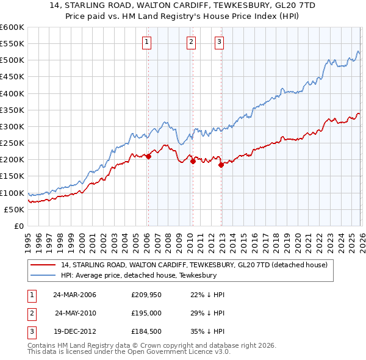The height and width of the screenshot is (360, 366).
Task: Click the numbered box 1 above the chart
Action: pyautogui.click(x=148, y=42)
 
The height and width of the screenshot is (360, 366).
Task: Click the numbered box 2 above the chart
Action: pyautogui.click(x=191, y=42)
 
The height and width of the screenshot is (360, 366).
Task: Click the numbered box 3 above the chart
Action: pyautogui.click(x=219, y=42)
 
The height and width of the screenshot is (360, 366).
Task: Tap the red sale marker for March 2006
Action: pyautogui.click(x=148, y=156)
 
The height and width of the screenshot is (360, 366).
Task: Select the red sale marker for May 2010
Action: pyautogui.click(x=193, y=162)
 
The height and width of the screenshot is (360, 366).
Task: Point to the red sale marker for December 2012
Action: pyautogui.click(x=221, y=165)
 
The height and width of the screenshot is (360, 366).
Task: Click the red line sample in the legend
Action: pyautogui.click(x=43, y=265)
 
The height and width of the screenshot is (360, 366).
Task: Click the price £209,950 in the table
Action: pyautogui.click(x=145, y=295)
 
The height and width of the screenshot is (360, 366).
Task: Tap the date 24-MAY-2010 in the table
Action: pyautogui.click(x=76, y=312)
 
